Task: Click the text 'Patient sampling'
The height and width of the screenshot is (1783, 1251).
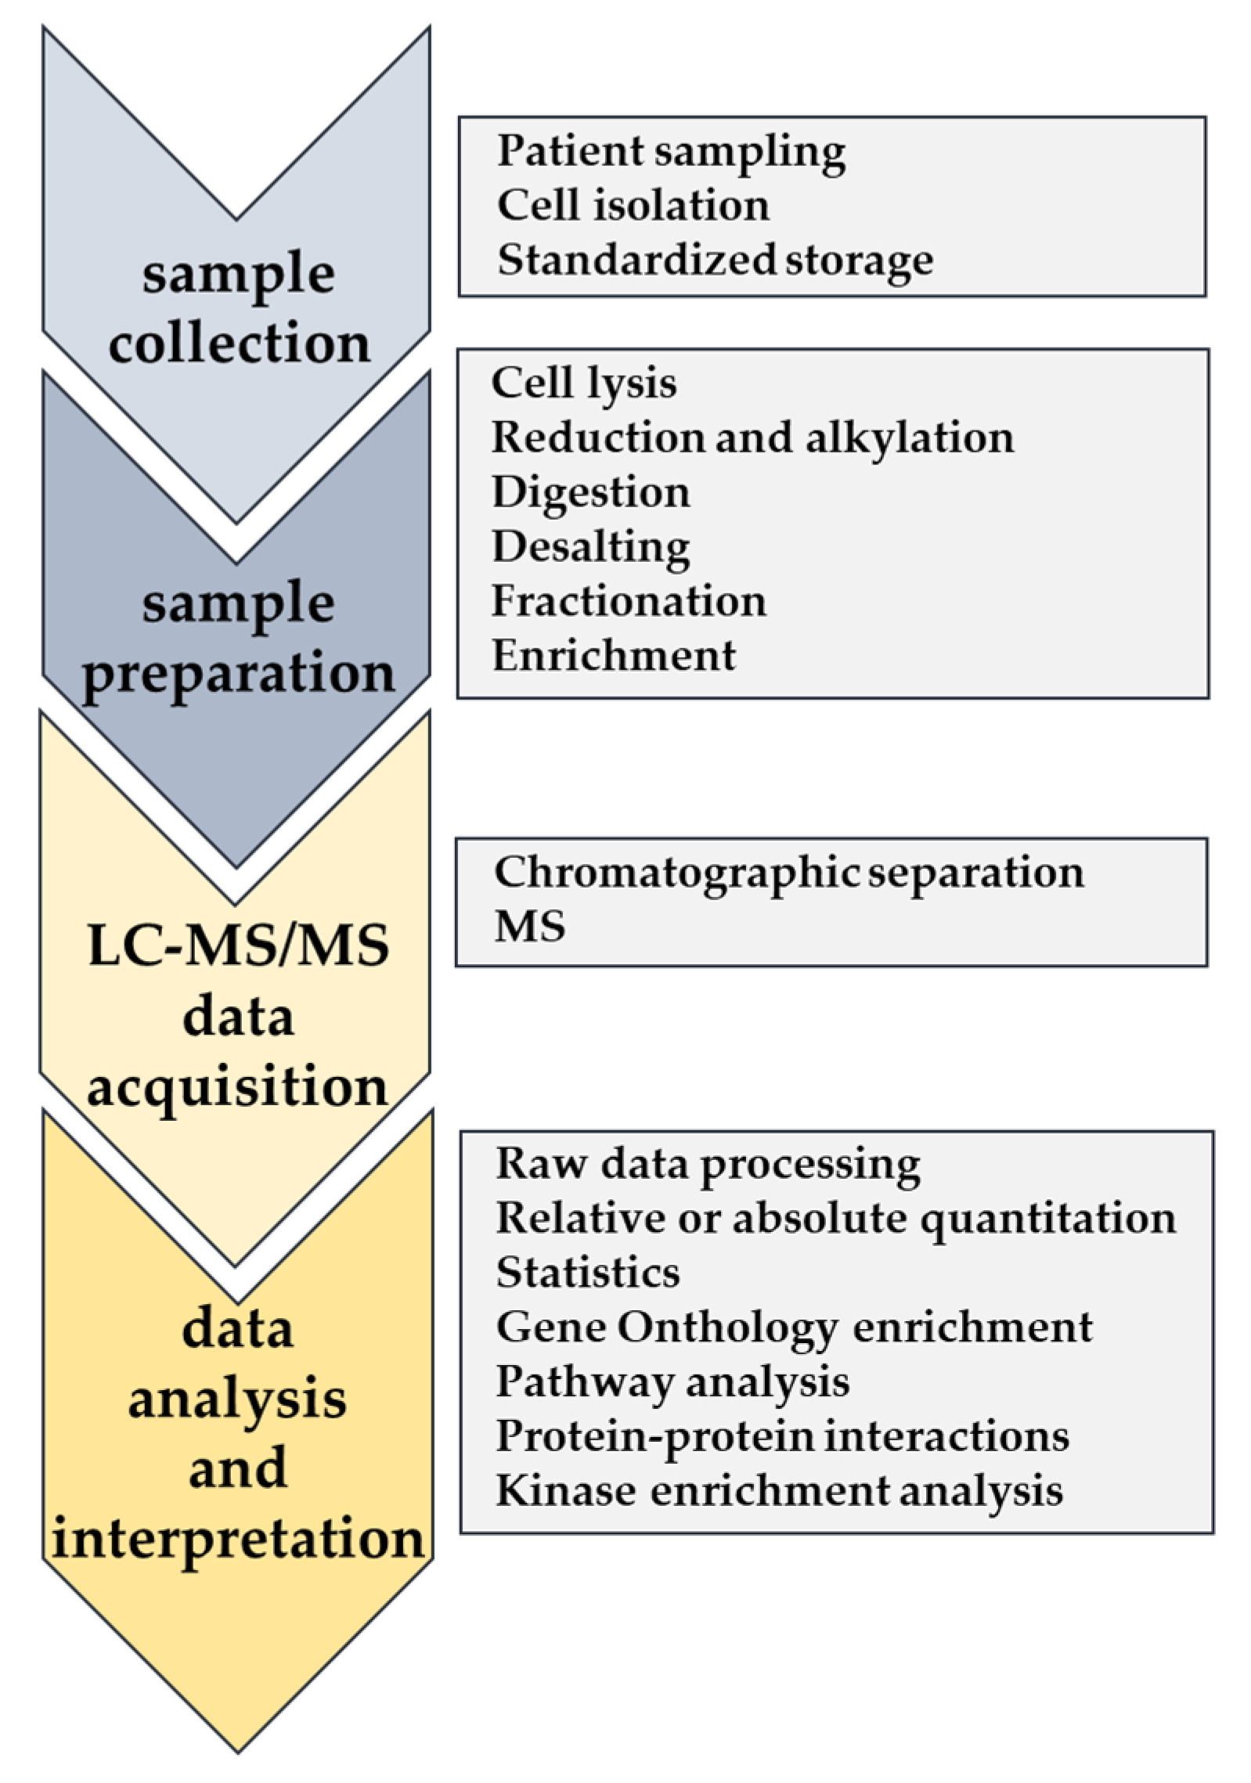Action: [x=671, y=151]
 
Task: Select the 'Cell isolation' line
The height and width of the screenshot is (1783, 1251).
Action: [x=633, y=206]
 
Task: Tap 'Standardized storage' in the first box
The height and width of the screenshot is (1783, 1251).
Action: [x=715, y=260]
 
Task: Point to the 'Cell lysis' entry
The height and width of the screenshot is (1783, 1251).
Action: [x=584, y=384]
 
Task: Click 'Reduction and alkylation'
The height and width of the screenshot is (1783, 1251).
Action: [x=752, y=438]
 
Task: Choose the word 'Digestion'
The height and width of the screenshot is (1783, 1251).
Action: [x=591, y=492]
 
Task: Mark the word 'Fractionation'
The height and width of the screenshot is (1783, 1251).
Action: [x=629, y=601]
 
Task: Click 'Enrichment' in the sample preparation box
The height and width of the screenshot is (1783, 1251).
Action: [x=614, y=655]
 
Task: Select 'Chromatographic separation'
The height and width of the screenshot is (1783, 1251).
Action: [x=788, y=872]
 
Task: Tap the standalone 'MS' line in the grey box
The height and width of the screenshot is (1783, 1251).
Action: [x=529, y=927]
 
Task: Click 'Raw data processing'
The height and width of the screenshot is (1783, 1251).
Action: [x=708, y=1164]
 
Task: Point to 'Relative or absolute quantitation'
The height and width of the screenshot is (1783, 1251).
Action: [x=835, y=1218]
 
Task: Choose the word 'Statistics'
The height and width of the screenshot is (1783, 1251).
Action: [x=587, y=1272]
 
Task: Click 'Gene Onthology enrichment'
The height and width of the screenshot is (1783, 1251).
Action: [x=794, y=1327]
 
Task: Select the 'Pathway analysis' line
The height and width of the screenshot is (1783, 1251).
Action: [x=672, y=1381]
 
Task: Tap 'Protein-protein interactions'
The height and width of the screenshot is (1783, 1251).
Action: [x=782, y=1435]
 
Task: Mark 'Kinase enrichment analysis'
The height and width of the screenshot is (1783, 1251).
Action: [x=779, y=1490]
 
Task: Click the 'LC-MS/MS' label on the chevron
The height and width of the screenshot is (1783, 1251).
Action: [x=238, y=946]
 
